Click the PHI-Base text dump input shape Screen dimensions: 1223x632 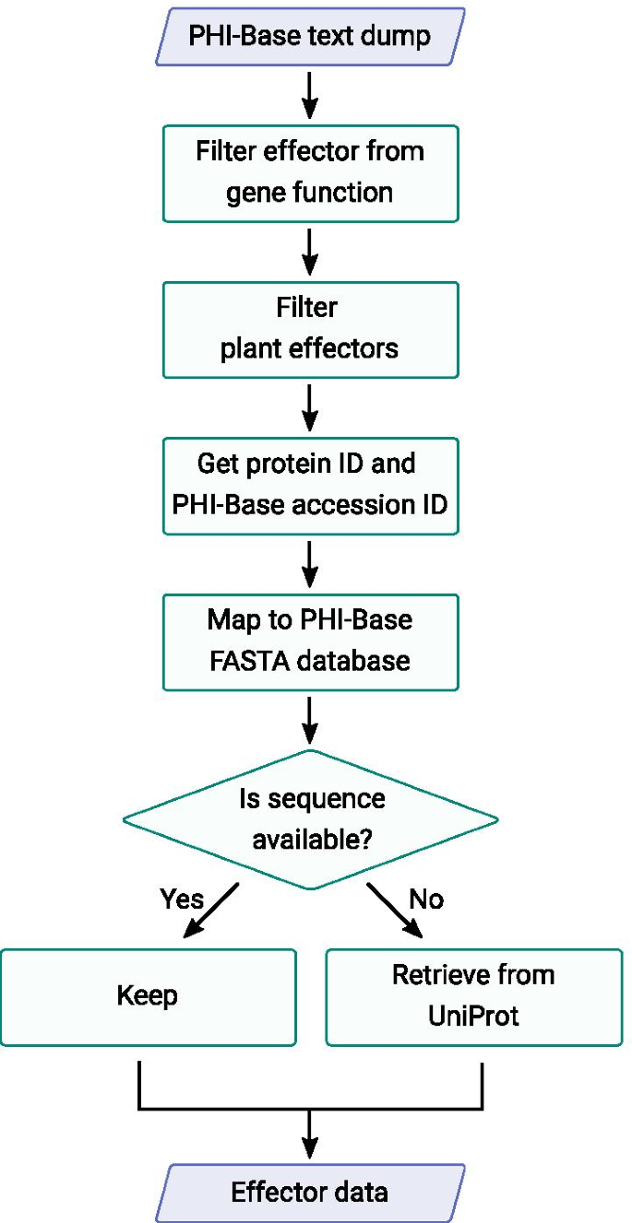tap(310, 37)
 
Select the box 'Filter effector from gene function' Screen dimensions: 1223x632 tap(310, 172)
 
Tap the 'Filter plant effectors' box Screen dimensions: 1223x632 tap(310, 328)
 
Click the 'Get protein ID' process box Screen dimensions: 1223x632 tap(310, 485)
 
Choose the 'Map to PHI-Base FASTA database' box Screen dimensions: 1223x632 tap(310, 641)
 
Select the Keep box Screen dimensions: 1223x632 tap(148, 996)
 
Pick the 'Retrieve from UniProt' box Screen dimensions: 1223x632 tap(474, 996)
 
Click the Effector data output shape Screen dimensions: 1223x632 tap(310, 1193)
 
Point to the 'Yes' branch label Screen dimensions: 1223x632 tap(183, 899)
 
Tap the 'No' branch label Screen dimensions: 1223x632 tap(426, 899)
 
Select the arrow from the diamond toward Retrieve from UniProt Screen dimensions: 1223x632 tap(395, 911)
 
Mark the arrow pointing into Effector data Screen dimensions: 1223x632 tap(310, 1133)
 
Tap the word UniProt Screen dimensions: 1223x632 tap(474, 1016)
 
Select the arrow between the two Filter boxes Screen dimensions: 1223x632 tap(310, 250)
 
